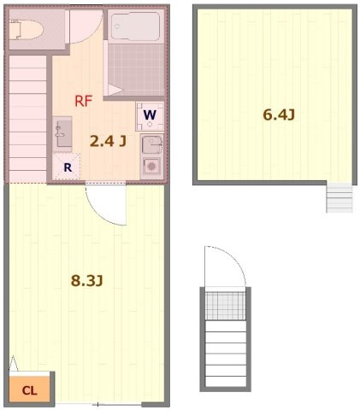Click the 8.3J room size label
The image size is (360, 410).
(86, 281)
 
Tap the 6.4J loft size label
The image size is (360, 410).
(279, 115)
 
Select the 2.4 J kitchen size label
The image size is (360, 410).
(108, 141)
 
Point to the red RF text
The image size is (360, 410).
(83, 101)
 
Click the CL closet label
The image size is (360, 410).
(30, 390)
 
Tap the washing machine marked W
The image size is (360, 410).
(150, 116)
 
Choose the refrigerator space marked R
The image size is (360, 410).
(67, 167)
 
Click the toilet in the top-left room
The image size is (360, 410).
(27, 29)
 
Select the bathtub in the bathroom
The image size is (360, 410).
(135, 26)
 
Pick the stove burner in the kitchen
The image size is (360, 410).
(151, 166)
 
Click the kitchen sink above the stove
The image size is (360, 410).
(151, 145)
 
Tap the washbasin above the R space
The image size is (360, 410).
(62, 134)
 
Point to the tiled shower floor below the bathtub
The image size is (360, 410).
(136, 70)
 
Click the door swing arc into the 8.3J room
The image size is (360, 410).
(100, 211)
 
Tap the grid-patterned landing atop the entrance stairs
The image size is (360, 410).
(225, 306)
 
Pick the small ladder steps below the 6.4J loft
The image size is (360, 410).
(339, 197)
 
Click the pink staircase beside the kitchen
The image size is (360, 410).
(27, 119)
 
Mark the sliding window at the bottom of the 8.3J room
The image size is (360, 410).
(98, 405)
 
